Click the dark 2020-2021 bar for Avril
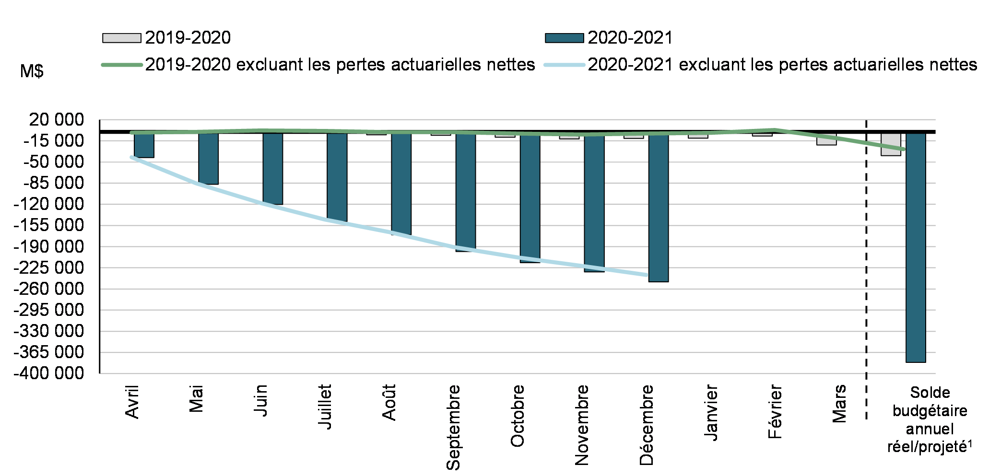point(144,145)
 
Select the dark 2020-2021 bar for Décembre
point(658,207)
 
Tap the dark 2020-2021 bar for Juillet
point(337,177)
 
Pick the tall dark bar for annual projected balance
point(915,247)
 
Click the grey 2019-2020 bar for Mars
point(826,139)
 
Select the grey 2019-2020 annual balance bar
point(891,144)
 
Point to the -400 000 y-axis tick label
point(48,373)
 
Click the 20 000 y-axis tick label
point(56,120)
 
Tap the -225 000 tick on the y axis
point(48,267)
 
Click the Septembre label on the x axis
point(453,427)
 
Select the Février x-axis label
point(775,411)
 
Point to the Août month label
point(389,403)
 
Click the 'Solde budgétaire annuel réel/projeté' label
point(929,419)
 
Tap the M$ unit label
point(32,71)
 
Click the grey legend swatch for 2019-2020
point(121,38)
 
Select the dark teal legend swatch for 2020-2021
point(564,38)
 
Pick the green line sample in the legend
point(121,65)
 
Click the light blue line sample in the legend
point(564,65)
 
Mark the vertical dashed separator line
point(866,268)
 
